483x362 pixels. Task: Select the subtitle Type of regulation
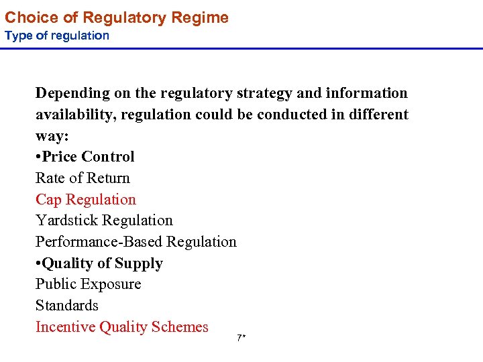pyautogui.click(x=56, y=36)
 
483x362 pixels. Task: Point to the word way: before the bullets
pyautogui.click(x=52, y=135)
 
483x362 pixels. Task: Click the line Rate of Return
pyautogui.click(x=83, y=178)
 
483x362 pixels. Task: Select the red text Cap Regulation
pyautogui.click(x=86, y=200)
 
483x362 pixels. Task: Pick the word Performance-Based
pyautogui.click(x=99, y=242)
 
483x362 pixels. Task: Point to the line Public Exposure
pyautogui.click(x=88, y=284)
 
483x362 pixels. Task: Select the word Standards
pyautogui.click(x=67, y=306)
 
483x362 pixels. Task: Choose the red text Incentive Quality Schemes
pyautogui.click(x=122, y=327)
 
